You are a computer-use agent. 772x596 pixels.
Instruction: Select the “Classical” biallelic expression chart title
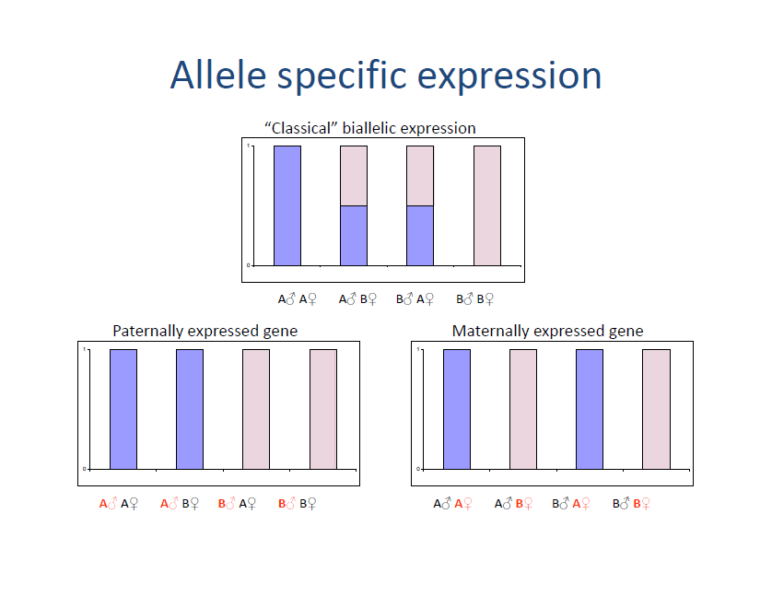(370, 128)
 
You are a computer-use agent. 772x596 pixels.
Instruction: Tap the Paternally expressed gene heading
(205, 331)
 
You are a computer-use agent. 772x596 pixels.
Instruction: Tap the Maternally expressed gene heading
(547, 331)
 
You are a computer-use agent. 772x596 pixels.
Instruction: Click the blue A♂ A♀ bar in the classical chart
(287, 205)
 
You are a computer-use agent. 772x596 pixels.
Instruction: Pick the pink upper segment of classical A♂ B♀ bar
(354, 175)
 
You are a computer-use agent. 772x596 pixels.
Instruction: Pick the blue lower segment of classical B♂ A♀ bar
(420, 235)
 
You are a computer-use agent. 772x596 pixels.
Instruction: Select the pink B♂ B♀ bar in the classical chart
(486, 205)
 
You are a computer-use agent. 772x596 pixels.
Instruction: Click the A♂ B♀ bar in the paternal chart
(190, 409)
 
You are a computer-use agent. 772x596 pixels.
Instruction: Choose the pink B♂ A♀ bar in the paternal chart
(256, 409)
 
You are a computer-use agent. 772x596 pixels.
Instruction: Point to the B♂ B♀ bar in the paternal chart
(323, 409)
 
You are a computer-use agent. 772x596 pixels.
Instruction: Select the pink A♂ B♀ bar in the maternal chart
(523, 409)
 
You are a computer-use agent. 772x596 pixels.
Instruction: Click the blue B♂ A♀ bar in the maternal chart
(590, 409)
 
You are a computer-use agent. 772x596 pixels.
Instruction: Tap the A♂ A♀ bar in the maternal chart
(457, 409)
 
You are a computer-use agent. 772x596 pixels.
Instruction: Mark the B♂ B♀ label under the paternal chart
(298, 504)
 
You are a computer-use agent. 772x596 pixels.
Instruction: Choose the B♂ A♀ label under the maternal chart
(571, 504)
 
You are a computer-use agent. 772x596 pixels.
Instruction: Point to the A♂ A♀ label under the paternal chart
(119, 504)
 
